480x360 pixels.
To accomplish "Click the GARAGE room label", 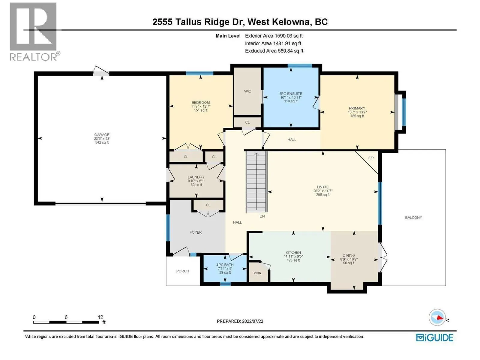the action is coord(102,135).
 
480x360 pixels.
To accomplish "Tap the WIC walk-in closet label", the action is coord(247,91).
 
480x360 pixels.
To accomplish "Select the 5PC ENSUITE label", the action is coord(291,94).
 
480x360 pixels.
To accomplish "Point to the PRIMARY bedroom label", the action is coord(357,108).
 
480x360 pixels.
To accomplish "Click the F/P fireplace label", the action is coord(371,158).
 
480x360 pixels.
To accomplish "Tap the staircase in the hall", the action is coord(257,182).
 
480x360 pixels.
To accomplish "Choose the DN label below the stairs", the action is coord(262,216).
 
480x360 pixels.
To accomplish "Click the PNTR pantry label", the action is coord(257,273).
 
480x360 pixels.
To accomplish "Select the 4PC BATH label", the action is coord(225,265).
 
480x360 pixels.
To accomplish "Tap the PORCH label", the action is coord(183,271).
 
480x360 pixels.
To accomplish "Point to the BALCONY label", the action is coord(413,217).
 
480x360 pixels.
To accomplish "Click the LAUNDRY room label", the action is coord(196,177).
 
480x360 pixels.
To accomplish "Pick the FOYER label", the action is coord(196,232).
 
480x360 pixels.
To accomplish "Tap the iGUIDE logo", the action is coord(435,337).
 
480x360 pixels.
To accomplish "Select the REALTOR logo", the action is coord(34,32).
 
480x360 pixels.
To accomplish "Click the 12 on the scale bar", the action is coord(100,317).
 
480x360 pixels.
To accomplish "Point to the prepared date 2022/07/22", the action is coord(253,321).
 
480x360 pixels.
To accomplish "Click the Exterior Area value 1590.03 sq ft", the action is coord(289,36).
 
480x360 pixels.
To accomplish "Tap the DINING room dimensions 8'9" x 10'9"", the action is coord(349,259).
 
